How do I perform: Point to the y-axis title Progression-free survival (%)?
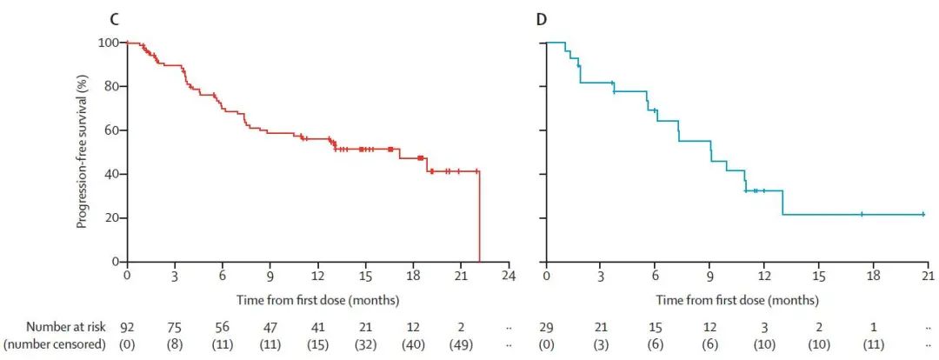tap(83, 151)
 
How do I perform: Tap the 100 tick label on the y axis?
tap(110, 43)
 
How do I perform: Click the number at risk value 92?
tap(127, 328)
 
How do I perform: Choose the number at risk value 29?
tap(546, 328)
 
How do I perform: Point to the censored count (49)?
tap(461, 344)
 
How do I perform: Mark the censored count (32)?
tap(365, 344)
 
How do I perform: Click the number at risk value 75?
tap(175, 328)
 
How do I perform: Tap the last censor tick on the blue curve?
tap(922, 214)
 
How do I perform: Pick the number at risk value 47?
tap(270, 328)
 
